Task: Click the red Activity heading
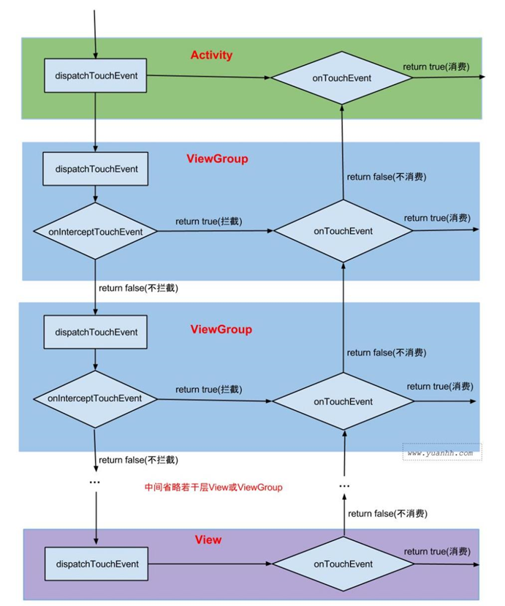click(x=211, y=56)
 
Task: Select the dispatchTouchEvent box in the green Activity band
click(x=96, y=76)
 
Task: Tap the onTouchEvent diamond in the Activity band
click(x=342, y=78)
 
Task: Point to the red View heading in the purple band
click(x=208, y=539)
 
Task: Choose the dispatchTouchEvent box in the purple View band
click(x=96, y=564)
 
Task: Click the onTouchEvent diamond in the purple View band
click(x=343, y=564)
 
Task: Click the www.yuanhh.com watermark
click(x=440, y=453)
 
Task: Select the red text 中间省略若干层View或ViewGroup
click(x=213, y=487)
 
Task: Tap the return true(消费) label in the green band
click(x=436, y=67)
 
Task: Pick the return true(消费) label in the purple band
click(x=436, y=551)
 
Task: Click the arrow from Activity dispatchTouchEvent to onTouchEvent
click(x=208, y=76)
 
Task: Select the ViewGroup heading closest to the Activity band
click(x=217, y=159)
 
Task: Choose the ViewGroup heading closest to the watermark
click(x=221, y=329)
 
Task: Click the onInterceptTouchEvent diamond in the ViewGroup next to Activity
click(x=95, y=231)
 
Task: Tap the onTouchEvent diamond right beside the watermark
click(x=343, y=401)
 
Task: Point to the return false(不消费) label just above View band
click(x=387, y=514)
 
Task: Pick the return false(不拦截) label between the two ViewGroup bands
click(x=139, y=288)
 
